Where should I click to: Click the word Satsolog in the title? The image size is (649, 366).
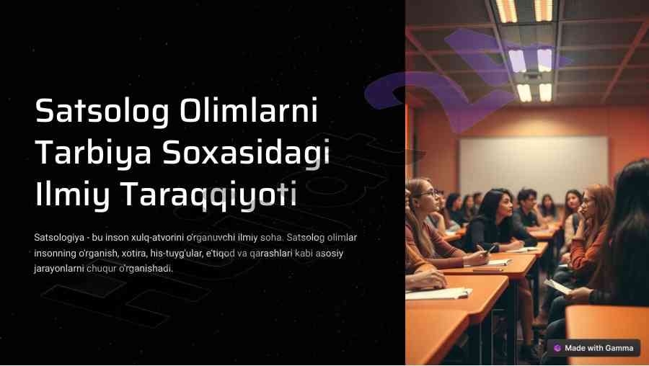click(102, 112)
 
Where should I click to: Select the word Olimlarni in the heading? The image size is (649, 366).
click(249, 110)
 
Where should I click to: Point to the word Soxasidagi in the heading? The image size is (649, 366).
click(246, 153)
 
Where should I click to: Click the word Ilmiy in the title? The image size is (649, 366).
click(72, 195)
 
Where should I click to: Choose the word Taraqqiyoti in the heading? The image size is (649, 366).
click(208, 195)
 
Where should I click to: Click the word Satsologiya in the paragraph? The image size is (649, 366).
click(59, 238)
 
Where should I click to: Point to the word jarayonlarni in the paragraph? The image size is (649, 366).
click(59, 269)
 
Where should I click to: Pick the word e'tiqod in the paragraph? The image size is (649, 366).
click(220, 253)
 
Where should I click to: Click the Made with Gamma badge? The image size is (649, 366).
click(594, 348)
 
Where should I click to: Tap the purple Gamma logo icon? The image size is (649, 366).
click(557, 348)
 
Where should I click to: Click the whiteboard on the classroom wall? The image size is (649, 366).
click(533, 167)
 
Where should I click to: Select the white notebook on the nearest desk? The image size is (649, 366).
click(438, 293)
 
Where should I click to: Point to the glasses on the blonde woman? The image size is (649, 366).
click(428, 194)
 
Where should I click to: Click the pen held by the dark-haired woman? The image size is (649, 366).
click(491, 249)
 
